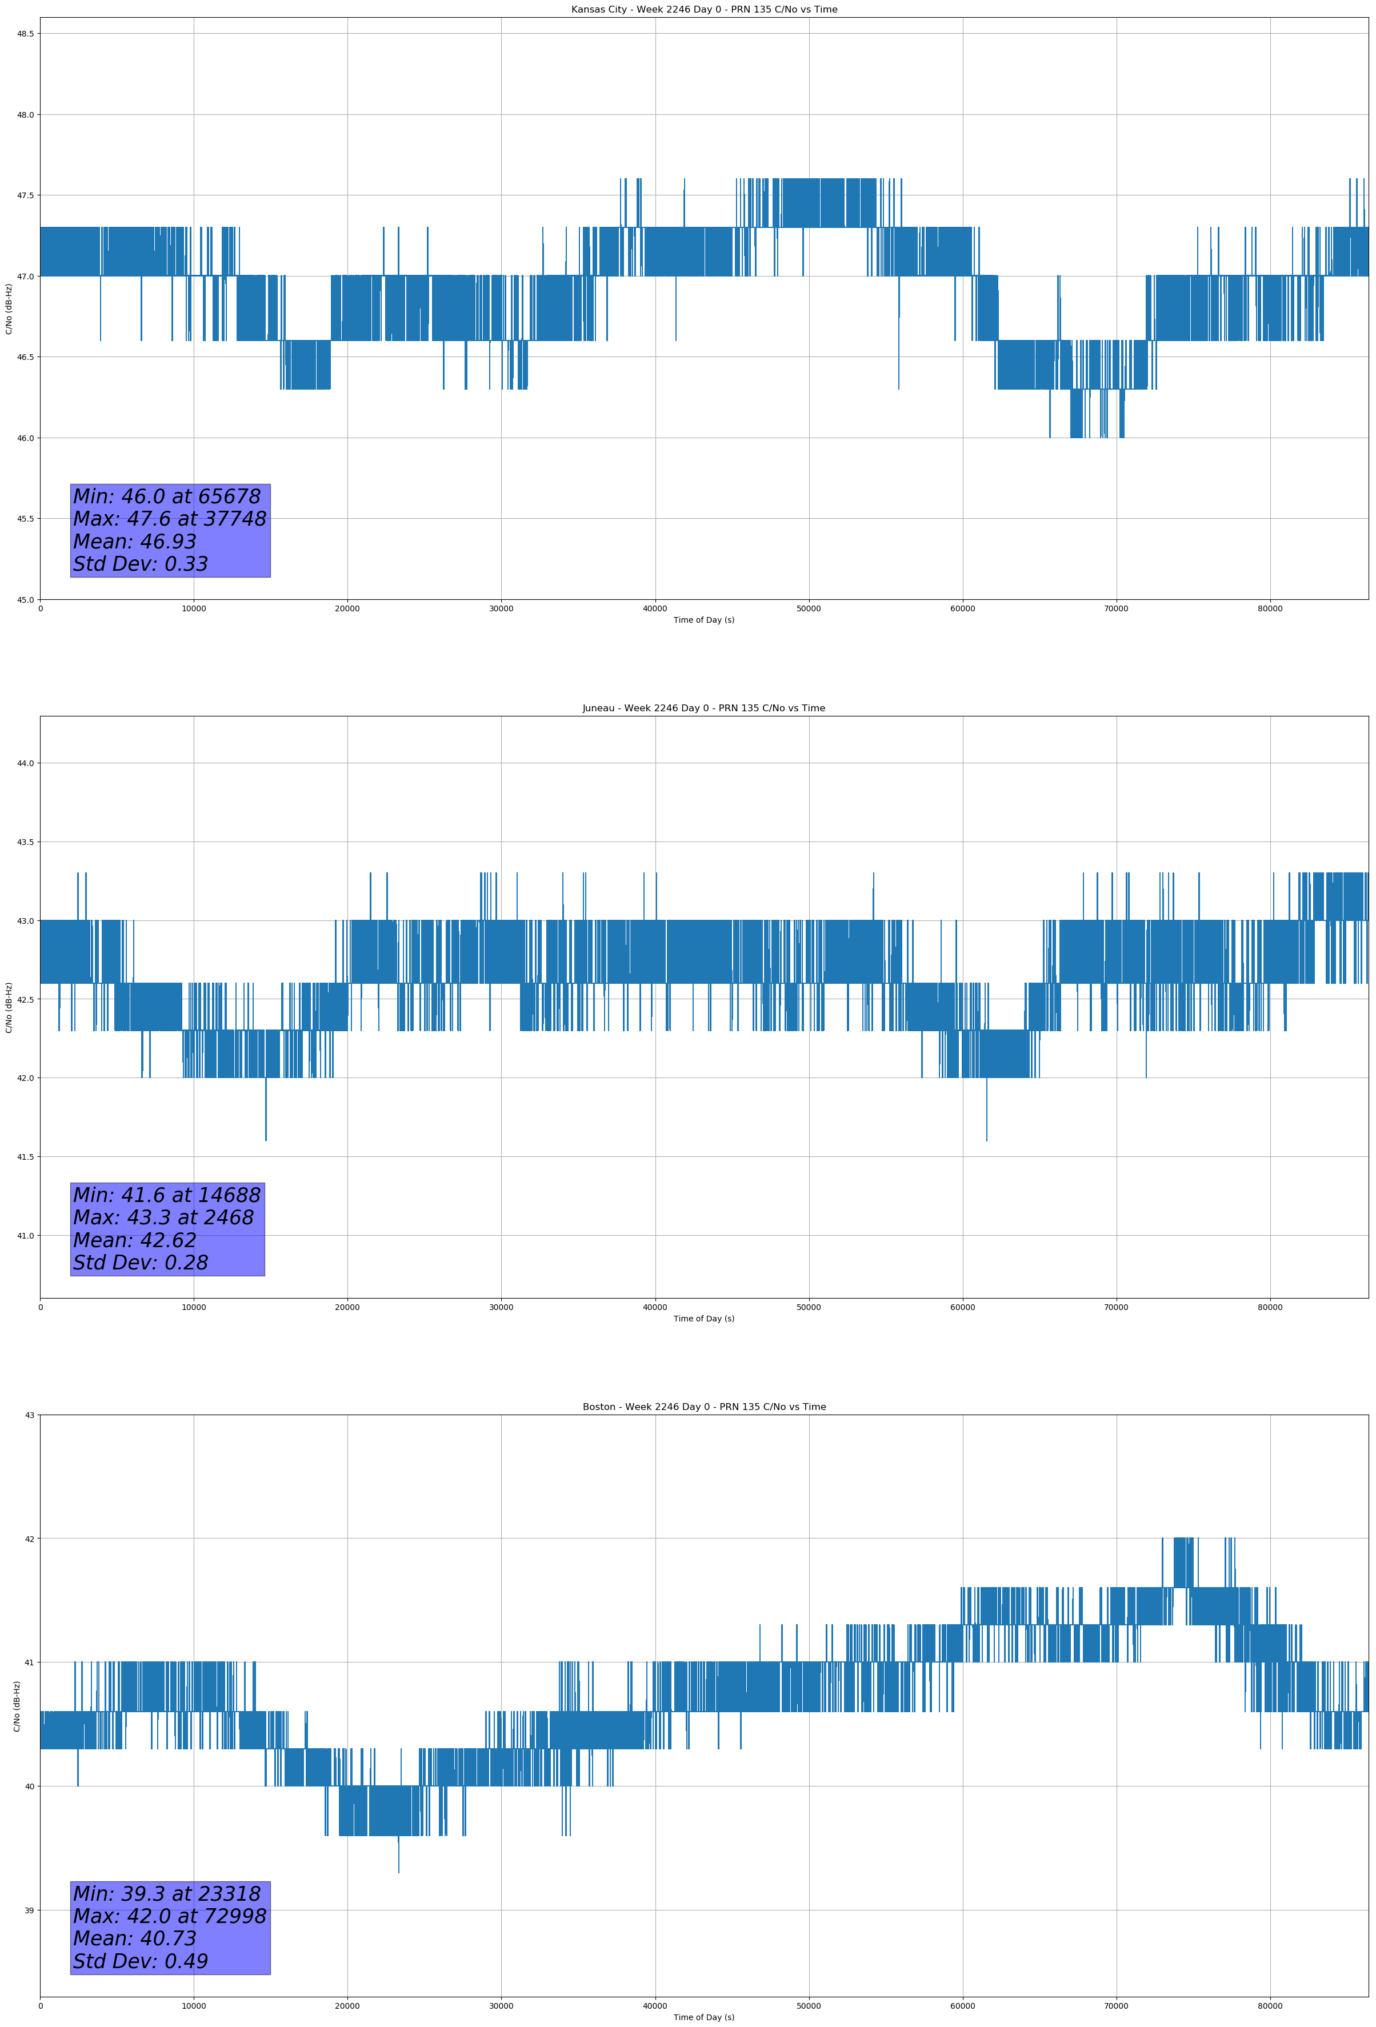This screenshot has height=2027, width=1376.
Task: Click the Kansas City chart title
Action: click(x=703, y=10)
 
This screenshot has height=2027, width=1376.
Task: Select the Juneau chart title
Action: click(x=703, y=708)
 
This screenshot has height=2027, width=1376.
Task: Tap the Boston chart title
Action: click(x=703, y=1407)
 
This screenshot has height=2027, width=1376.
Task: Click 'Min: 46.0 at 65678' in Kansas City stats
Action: click(x=167, y=496)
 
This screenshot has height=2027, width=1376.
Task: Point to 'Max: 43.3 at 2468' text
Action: click(x=163, y=1217)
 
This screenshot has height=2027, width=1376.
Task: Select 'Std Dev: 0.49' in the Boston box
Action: click(x=141, y=1961)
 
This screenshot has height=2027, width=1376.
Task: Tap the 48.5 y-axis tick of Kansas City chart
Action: click(x=25, y=33)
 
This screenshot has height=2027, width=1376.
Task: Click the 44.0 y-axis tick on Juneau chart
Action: click(x=25, y=763)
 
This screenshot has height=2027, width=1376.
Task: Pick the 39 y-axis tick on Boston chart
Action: click(x=29, y=1910)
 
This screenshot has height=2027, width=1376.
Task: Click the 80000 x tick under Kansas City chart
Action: click(x=1270, y=609)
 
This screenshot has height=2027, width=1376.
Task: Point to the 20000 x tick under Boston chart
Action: click(x=347, y=2006)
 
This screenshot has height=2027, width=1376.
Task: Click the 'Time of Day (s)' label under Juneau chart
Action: click(x=703, y=1319)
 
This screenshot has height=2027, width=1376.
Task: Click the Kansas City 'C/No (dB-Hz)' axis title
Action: click(x=9, y=309)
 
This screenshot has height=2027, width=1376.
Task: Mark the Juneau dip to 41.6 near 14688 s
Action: click(x=266, y=1137)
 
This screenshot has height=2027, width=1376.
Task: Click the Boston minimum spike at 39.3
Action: click(x=399, y=1869)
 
